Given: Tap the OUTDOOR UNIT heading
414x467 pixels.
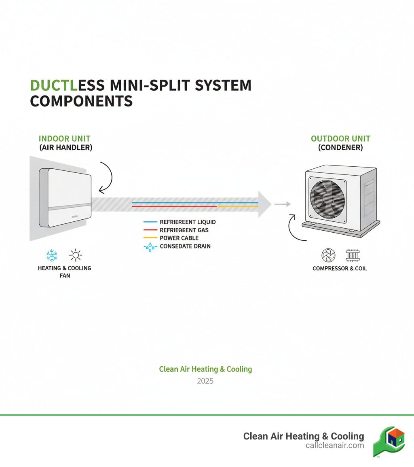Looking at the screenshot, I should (340, 139).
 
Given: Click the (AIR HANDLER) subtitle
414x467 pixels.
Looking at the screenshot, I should (65, 148).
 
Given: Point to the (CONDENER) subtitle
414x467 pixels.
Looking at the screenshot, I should (340, 148).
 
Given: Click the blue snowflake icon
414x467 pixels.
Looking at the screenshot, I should (52, 255).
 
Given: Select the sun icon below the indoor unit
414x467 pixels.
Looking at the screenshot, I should (76, 255).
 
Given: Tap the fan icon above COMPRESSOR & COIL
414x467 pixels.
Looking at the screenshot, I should (328, 255).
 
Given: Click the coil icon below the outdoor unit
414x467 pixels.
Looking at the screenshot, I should (353, 255).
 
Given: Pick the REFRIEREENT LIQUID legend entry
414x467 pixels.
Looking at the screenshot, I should (188, 222).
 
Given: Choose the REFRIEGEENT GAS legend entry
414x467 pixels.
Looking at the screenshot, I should (184, 230).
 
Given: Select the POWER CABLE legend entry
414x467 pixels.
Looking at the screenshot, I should (179, 238).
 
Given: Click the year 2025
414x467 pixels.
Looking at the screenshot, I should (205, 381).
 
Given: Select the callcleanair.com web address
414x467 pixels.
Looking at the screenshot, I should (335, 446).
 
